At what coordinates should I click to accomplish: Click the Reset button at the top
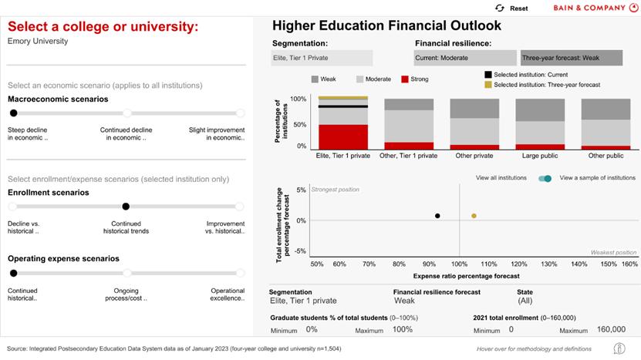[x=512, y=8]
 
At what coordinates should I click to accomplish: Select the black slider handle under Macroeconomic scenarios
[x=13, y=113]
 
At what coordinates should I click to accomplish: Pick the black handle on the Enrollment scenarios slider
[x=126, y=207]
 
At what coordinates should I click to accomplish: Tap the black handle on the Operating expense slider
[x=13, y=273]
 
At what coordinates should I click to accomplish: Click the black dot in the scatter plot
[x=437, y=216]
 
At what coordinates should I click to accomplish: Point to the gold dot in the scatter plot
[x=474, y=216]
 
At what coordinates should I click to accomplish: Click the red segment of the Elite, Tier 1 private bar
[x=343, y=136]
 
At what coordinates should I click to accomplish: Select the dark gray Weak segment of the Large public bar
[x=539, y=109]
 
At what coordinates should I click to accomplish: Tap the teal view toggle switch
[x=545, y=178]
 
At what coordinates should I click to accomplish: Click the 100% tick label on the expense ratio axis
[x=460, y=264]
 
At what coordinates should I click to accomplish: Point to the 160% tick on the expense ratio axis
[x=629, y=264]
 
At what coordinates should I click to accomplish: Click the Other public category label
[x=605, y=156]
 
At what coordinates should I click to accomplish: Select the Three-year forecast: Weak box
[x=572, y=58]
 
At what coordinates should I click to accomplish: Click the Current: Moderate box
[x=465, y=58]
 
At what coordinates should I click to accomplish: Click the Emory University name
[x=38, y=42]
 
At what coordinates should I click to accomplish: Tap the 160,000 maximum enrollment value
[x=611, y=330]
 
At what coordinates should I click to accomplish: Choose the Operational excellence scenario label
[x=228, y=294]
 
